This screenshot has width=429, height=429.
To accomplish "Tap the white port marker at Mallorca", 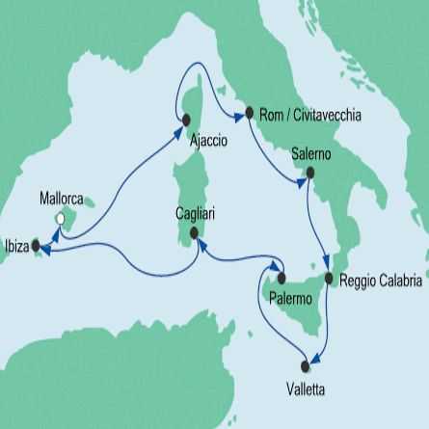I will (60, 220).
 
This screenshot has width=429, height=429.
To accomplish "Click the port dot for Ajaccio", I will (183, 119).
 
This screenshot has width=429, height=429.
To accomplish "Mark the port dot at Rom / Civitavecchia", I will (251, 113).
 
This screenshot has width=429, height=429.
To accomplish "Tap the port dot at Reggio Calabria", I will (330, 280).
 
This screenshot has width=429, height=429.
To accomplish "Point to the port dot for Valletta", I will (308, 364).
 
